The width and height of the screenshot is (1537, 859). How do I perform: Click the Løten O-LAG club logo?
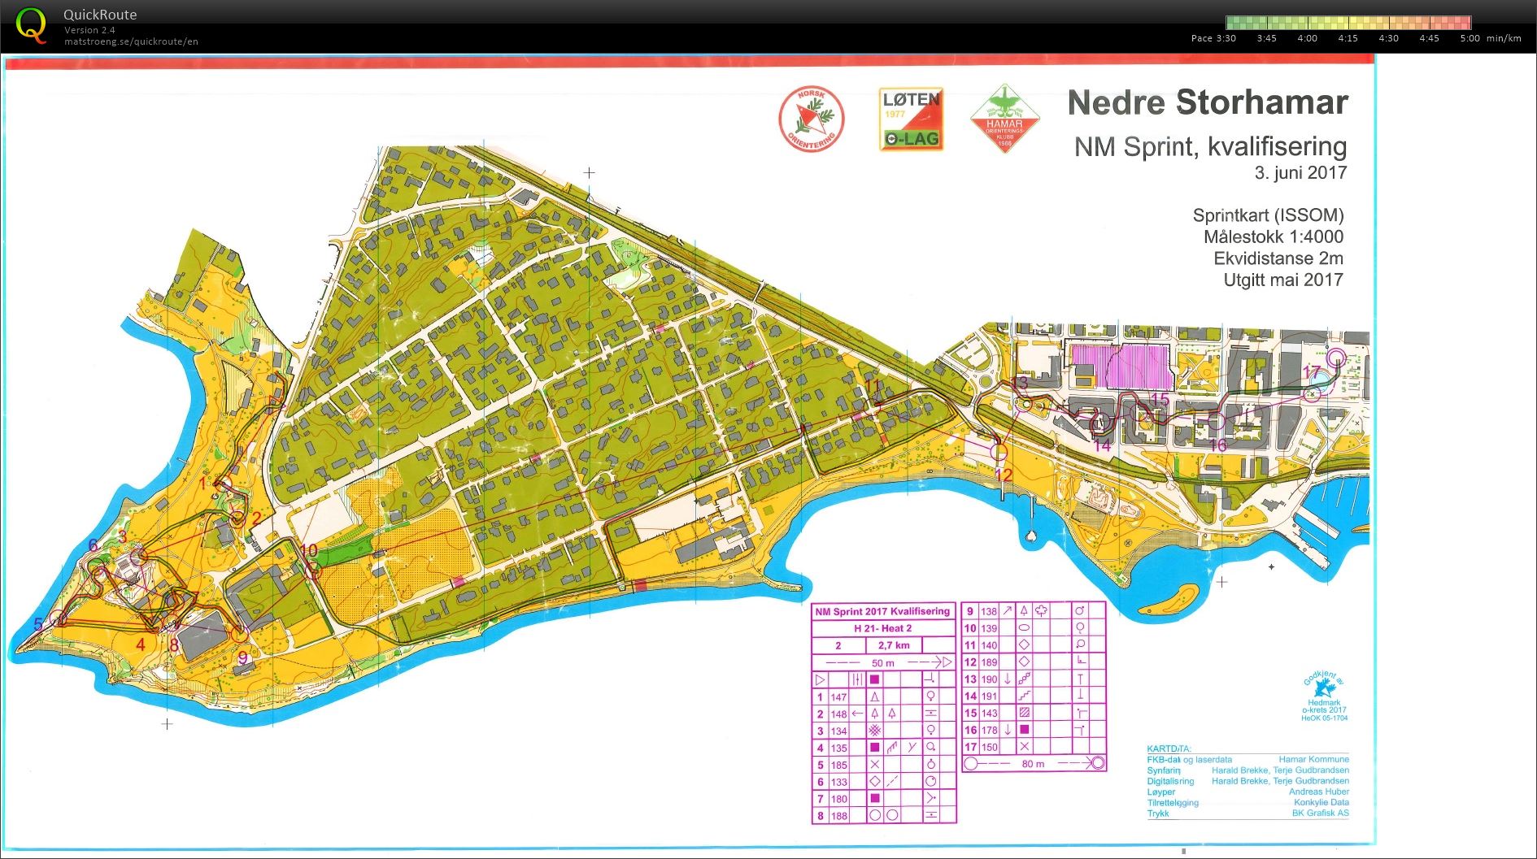pyautogui.click(x=911, y=119)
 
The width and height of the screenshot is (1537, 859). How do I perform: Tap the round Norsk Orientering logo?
pyautogui.click(x=811, y=119)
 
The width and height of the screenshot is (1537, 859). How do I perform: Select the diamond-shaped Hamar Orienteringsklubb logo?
pyautogui.click(x=1004, y=119)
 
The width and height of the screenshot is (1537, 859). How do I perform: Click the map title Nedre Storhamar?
pyautogui.click(x=1207, y=103)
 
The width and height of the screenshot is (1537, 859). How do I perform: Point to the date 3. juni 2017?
pyautogui.click(x=1300, y=172)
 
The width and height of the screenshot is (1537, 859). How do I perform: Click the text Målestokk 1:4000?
pyautogui.click(x=1273, y=236)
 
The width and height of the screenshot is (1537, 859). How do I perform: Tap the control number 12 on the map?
pyautogui.click(x=1004, y=475)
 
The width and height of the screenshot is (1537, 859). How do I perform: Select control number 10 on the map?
pyautogui.click(x=309, y=550)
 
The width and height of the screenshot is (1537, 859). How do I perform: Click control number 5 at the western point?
pyautogui.click(x=37, y=624)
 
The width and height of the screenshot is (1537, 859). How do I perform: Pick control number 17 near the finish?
pyautogui.click(x=1311, y=371)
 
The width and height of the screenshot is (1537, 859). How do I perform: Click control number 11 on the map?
pyautogui.click(x=873, y=386)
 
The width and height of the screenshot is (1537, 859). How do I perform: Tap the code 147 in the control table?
pyautogui.click(x=838, y=697)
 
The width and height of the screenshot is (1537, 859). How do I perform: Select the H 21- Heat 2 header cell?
pyautogui.click(x=882, y=628)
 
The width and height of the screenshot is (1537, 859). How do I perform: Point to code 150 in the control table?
pyautogui.click(x=989, y=747)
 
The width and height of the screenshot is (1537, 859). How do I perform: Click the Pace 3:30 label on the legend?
pyautogui.click(x=1213, y=38)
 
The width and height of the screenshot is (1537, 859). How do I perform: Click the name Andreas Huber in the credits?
pyautogui.click(x=1318, y=792)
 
